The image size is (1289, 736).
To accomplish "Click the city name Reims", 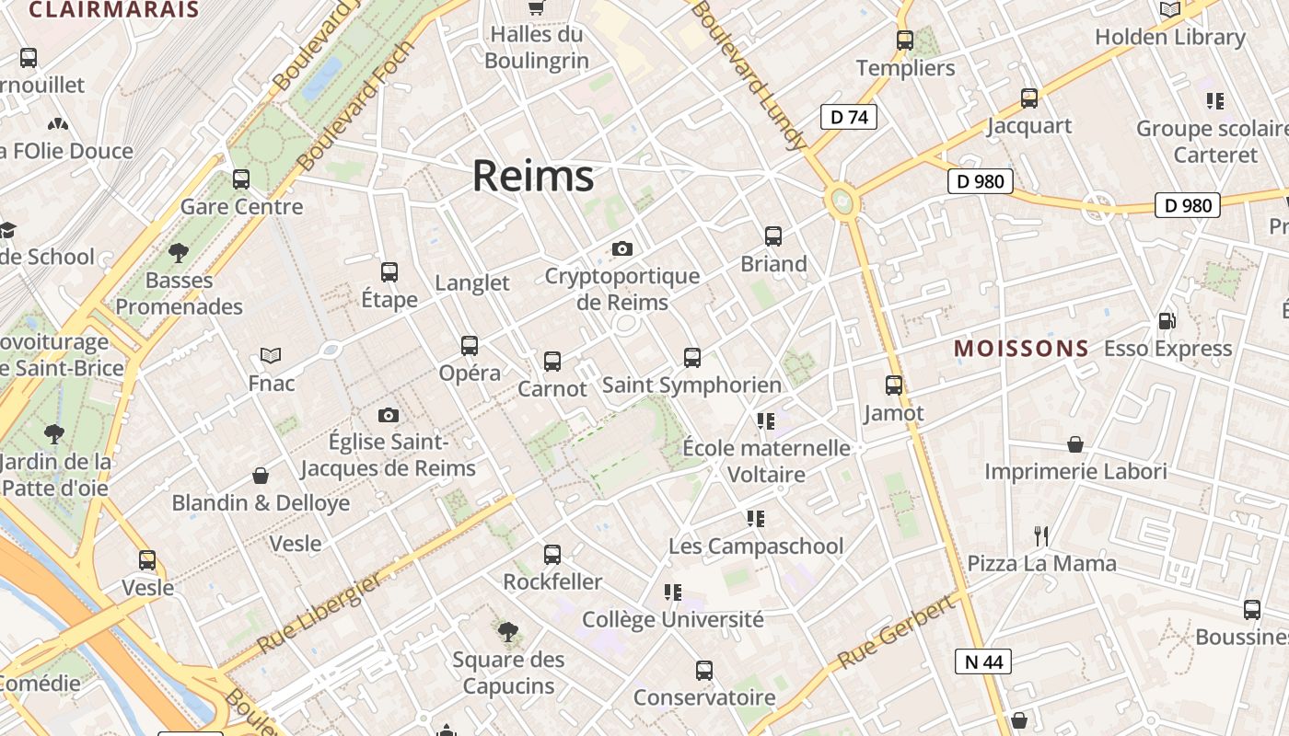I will point(533,176).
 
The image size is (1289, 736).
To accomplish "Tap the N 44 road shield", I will point(983,661).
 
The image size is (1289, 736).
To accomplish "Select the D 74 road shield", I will point(848,117).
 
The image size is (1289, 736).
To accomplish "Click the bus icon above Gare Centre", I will point(241,179).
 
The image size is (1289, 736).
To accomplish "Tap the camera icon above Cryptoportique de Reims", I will point(622,248).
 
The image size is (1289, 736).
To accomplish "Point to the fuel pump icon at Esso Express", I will point(1167,321).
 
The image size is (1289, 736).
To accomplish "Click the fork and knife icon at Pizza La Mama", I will point(1041,535).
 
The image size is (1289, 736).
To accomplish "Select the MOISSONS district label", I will point(1021,349).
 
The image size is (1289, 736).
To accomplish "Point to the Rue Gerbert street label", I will point(895,633).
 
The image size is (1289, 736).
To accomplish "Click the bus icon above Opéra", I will point(470,346).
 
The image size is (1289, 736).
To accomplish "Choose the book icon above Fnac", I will point(271,355).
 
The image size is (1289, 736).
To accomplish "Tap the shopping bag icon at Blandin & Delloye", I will point(261,476).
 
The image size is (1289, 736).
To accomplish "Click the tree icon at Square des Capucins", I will point(507,631).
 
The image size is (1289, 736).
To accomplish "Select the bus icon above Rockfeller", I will point(552,555).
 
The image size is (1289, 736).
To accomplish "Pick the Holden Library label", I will point(1169,37).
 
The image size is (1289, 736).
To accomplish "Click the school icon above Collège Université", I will point(673,592).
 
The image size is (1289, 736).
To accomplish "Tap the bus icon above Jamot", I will point(894,385).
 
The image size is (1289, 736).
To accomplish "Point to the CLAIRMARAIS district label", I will point(114,10).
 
